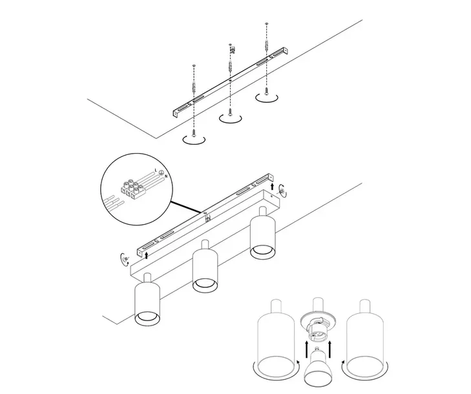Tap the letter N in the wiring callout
165,176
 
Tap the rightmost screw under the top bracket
265,90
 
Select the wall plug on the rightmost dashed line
266,47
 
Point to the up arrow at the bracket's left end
147,254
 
